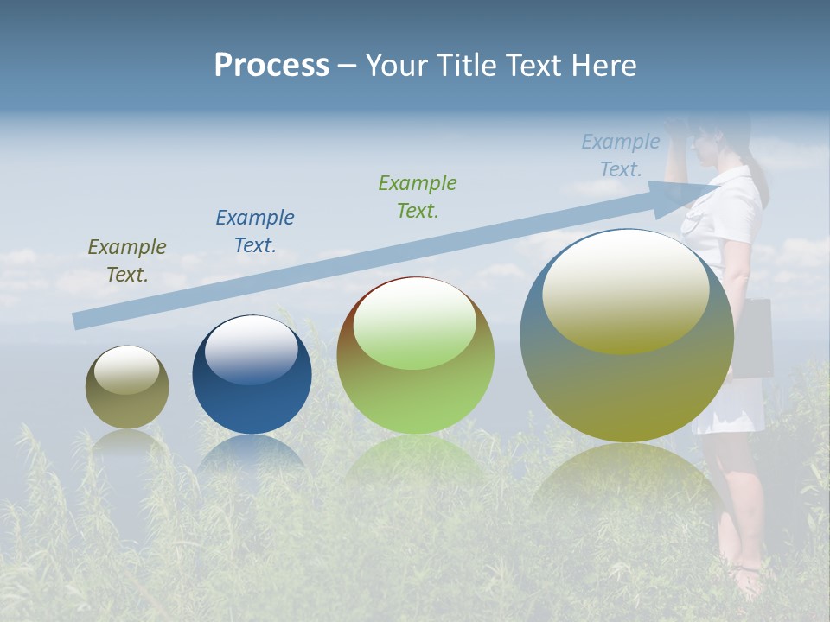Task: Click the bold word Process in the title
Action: (271, 66)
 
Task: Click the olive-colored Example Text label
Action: (127, 261)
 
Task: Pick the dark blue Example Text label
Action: (255, 232)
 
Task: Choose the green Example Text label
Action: (418, 197)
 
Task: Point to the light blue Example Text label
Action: (620, 155)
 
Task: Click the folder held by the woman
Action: (754, 337)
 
